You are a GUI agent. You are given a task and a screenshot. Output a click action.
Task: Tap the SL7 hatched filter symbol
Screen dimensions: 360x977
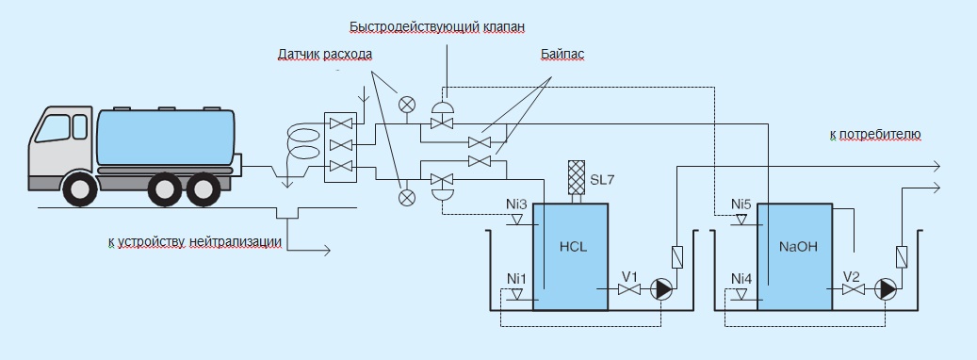(x=576, y=175)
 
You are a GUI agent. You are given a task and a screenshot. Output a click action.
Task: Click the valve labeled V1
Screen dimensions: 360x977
(x=628, y=290)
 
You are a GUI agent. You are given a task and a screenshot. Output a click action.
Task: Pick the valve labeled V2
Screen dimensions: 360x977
(x=853, y=291)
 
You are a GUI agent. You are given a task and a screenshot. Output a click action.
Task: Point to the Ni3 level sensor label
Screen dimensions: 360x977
(x=515, y=204)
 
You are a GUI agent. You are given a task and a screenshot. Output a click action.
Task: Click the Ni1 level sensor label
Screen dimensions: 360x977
(x=516, y=279)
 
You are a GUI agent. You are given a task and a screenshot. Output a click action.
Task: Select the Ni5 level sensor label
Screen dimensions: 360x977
(x=741, y=204)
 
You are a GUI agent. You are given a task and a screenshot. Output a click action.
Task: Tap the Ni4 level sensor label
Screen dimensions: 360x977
(x=741, y=279)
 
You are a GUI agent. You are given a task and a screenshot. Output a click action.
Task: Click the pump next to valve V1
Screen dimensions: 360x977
(x=663, y=290)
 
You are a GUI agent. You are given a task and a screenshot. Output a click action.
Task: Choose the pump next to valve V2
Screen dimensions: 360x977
(x=887, y=290)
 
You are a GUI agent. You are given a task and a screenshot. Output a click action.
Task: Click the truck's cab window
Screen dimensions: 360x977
(x=59, y=128)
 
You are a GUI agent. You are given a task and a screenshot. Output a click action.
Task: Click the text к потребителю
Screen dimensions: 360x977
(x=874, y=136)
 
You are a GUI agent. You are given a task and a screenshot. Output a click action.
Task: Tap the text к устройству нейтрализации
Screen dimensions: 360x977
(x=195, y=242)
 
